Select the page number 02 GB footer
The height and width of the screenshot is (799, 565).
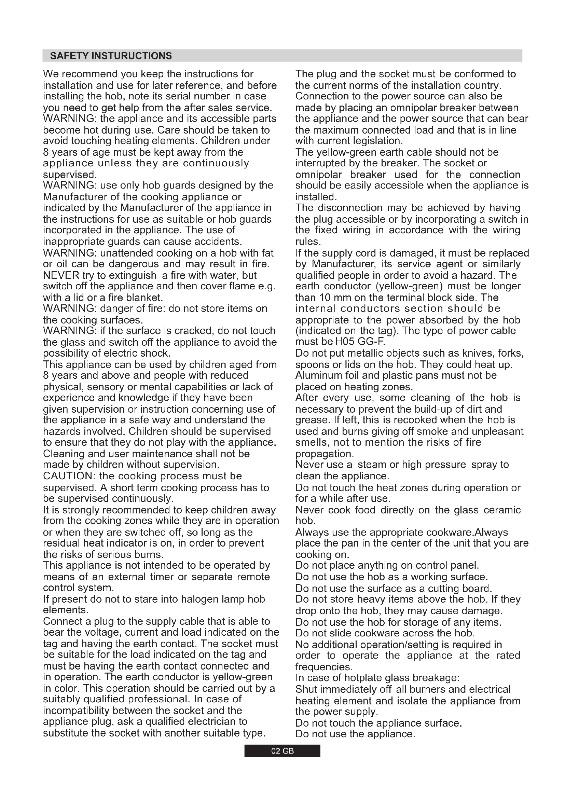pos(282,751)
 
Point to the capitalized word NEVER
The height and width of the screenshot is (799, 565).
pos(61,275)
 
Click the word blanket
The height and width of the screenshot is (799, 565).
pos(144,298)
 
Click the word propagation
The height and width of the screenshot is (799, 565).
pos(324,454)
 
